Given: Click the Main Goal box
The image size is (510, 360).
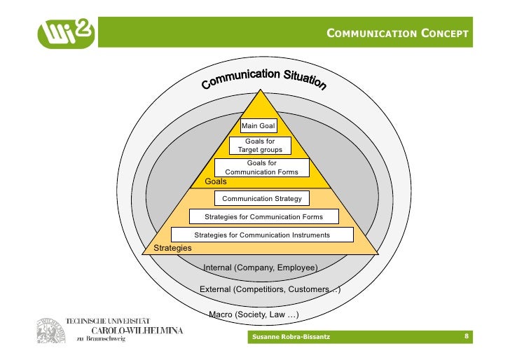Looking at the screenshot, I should [x=258, y=126].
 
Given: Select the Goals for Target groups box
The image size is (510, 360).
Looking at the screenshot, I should [x=260, y=146].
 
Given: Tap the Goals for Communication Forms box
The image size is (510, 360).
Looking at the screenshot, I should [x=261, y=167].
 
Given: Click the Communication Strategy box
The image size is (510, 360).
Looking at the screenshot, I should [x=261, y=199].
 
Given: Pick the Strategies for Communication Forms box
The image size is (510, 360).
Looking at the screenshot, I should [x=263, y=217].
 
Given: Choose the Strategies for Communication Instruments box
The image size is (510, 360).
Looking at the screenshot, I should [x=261, y=235].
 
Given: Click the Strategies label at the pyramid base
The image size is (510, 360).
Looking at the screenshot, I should [x=172, y=248].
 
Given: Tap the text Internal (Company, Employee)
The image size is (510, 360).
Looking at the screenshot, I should [x=260, y=268].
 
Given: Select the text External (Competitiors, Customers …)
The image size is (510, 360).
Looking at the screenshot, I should [x=270, y=289].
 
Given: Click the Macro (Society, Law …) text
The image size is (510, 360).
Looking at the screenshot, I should [x=254, y=315].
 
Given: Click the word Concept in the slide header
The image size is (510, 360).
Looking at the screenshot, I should [x=445, y=34].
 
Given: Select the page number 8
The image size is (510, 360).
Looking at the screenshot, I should [x=467, y=338].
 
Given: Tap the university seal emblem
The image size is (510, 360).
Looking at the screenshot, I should [x=50, y=330].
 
